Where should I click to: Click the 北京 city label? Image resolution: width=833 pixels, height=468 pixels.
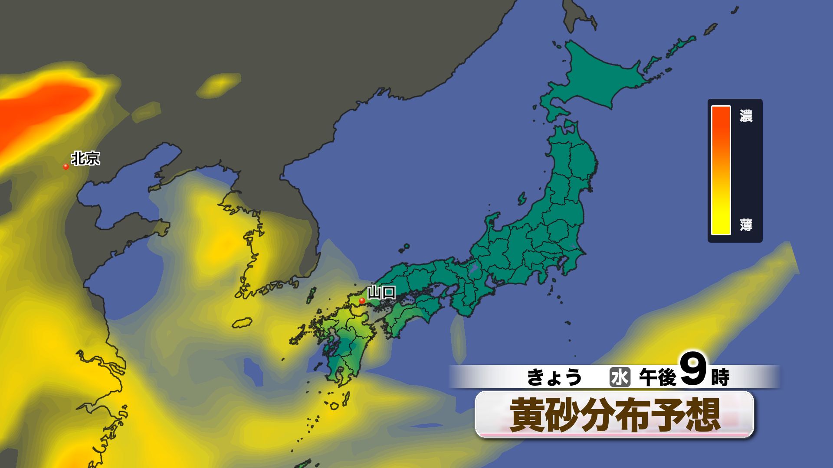click(85, 158)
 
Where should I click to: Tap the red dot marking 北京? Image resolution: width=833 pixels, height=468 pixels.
click(66, 166)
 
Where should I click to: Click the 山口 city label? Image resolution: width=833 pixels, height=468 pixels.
click(381, 293)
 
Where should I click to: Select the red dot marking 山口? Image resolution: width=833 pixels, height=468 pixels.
click(362, 300)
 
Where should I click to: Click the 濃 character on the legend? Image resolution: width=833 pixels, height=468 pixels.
click(746, 116)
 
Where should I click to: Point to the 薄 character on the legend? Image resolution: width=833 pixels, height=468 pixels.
click(746, 225)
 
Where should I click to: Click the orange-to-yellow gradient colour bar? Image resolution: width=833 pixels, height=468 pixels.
click(721, 170)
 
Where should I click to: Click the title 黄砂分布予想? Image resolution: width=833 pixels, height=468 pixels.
click(614, 415)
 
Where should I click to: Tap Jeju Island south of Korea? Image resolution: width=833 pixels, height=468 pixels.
click(242, 323)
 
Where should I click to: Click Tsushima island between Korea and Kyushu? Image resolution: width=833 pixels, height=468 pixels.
click(311, 294)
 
